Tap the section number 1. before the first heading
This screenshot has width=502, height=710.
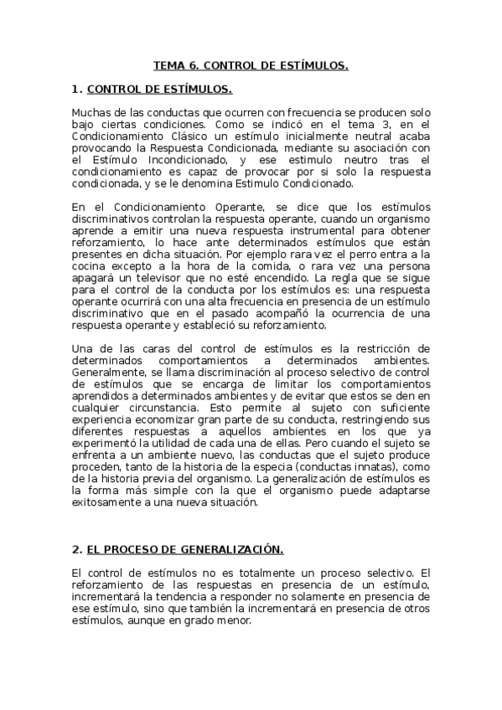(77, 88)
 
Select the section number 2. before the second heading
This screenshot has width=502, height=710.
(77, 549)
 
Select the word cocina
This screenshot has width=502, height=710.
(90, 266)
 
